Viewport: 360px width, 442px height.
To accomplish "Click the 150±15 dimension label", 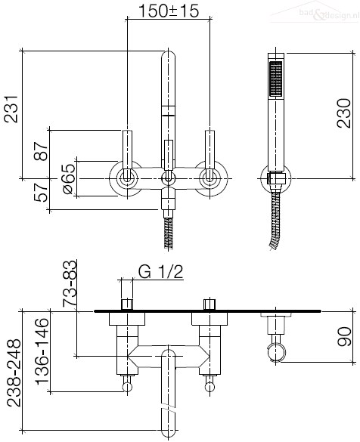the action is pos(169,11).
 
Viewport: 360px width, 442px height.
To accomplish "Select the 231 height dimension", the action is pos(11,109).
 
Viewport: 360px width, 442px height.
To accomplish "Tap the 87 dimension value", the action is pos(41,151).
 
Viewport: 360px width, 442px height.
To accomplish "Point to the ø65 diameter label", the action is pos(69,179).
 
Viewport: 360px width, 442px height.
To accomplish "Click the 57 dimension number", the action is pos(41,192).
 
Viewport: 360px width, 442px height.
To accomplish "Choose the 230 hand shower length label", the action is pos(344,113).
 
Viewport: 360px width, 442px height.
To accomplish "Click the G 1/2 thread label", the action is pos(161,272).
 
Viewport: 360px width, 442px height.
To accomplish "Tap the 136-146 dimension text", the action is pos(42,351).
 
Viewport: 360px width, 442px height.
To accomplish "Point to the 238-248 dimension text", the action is pos(14,372).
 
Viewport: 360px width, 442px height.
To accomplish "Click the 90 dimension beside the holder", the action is pos(344,336).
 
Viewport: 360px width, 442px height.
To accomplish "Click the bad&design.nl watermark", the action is pos(329,14).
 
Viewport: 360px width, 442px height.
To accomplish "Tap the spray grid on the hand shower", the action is pos(276,79).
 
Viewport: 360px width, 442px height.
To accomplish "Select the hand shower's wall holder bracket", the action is pos(276,178).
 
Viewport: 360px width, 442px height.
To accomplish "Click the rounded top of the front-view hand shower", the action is pos(168,55).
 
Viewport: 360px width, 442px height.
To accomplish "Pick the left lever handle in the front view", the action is pos(128,155).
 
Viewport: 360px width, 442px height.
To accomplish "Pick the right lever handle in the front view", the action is pos(209,155).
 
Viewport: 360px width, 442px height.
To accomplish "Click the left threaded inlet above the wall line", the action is pos(127,304).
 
